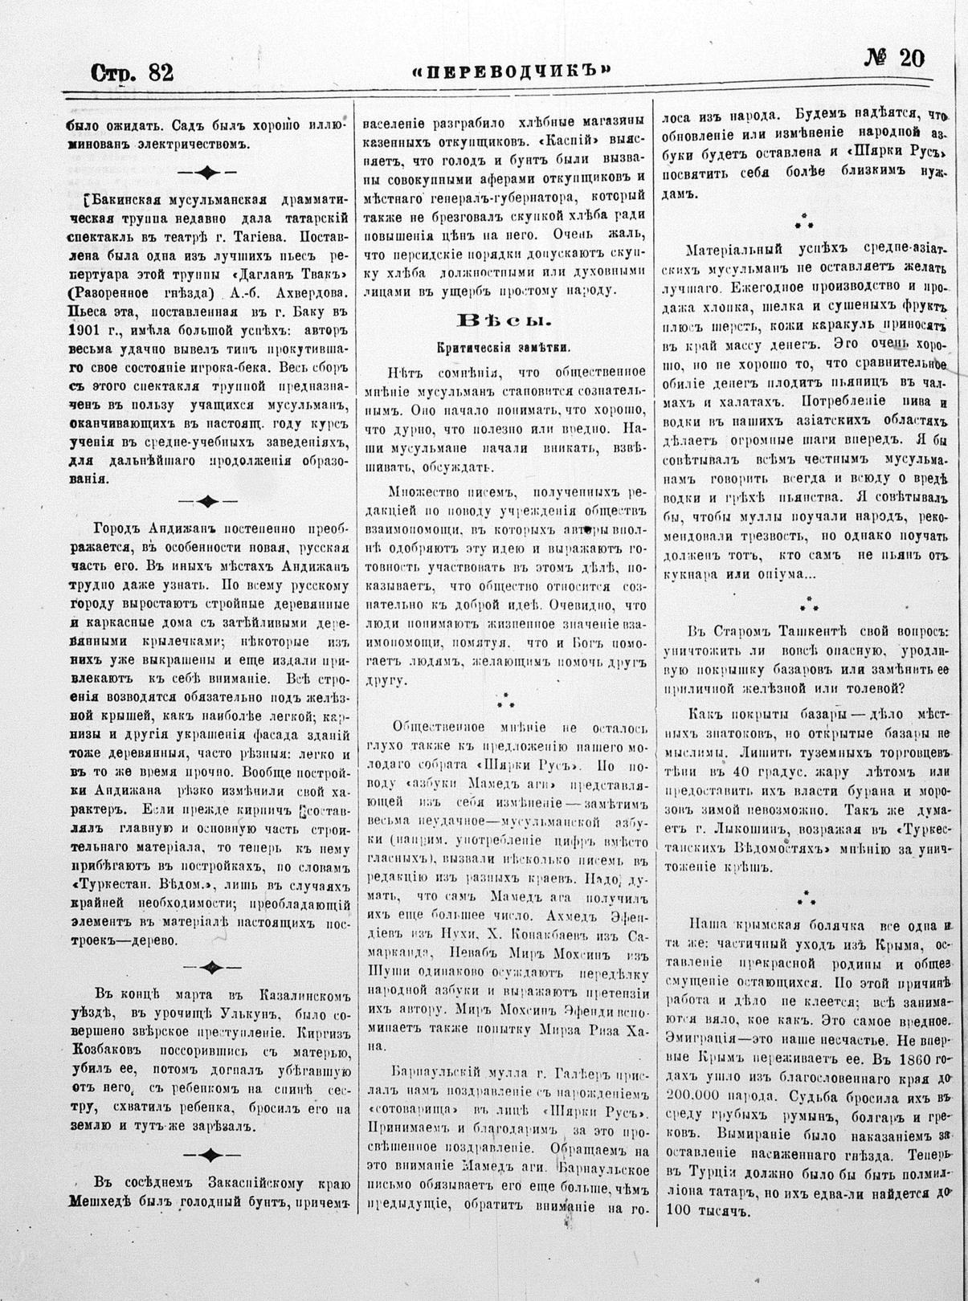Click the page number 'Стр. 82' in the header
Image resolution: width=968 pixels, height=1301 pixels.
pyautogui.click(x=132, y=73)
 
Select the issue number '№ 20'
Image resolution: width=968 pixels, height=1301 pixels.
pyautogui.click(x=895, y=59)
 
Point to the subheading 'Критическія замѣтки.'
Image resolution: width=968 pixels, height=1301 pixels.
pyautogui.click(x=504, y=348)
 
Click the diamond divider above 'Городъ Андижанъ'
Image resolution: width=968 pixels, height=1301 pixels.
pyautogui.click(x=207, y=502)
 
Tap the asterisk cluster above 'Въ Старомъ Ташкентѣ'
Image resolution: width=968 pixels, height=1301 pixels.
pyautogui.click(x=808, y=601)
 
